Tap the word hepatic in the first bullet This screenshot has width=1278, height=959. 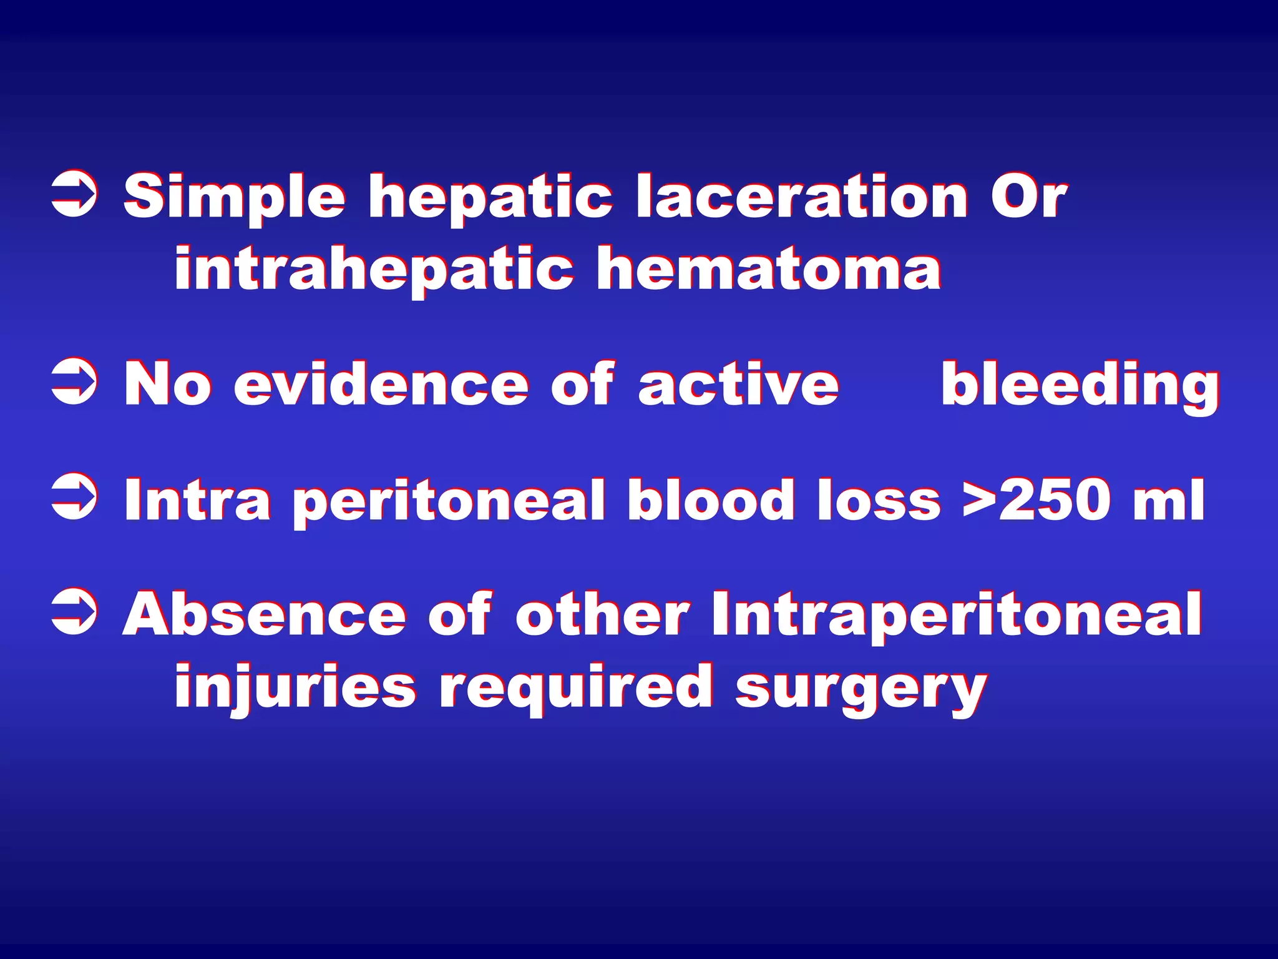click(x=490, y=198)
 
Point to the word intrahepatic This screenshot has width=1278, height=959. click(x=374, y=270)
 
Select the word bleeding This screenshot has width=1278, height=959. click(x=1080, y=386)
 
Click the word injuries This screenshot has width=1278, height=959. click(x=295, y=688)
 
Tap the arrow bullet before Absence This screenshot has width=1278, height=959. click(x=74, y=612)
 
